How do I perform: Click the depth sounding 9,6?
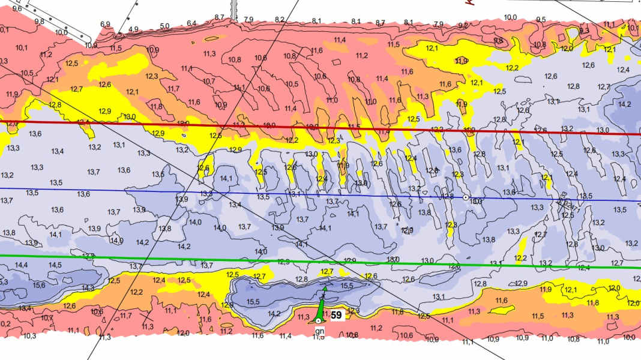[17, 8]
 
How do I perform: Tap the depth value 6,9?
[105, 24]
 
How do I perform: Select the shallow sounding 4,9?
[133, 29]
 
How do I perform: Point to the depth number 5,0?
[164, 26]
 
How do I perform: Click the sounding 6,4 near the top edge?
[191, 23]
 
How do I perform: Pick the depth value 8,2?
[279, 20]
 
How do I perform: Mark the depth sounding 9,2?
[463, 26]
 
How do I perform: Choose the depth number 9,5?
[541, 19]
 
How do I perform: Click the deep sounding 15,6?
[39, 285]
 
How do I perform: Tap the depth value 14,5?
[55, 265]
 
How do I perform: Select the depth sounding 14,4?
[21, 265]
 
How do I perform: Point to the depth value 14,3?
[88, 288]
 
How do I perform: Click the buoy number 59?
[337, 314]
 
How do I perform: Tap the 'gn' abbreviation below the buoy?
[318, 331]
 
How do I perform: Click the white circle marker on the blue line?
[466, 197]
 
